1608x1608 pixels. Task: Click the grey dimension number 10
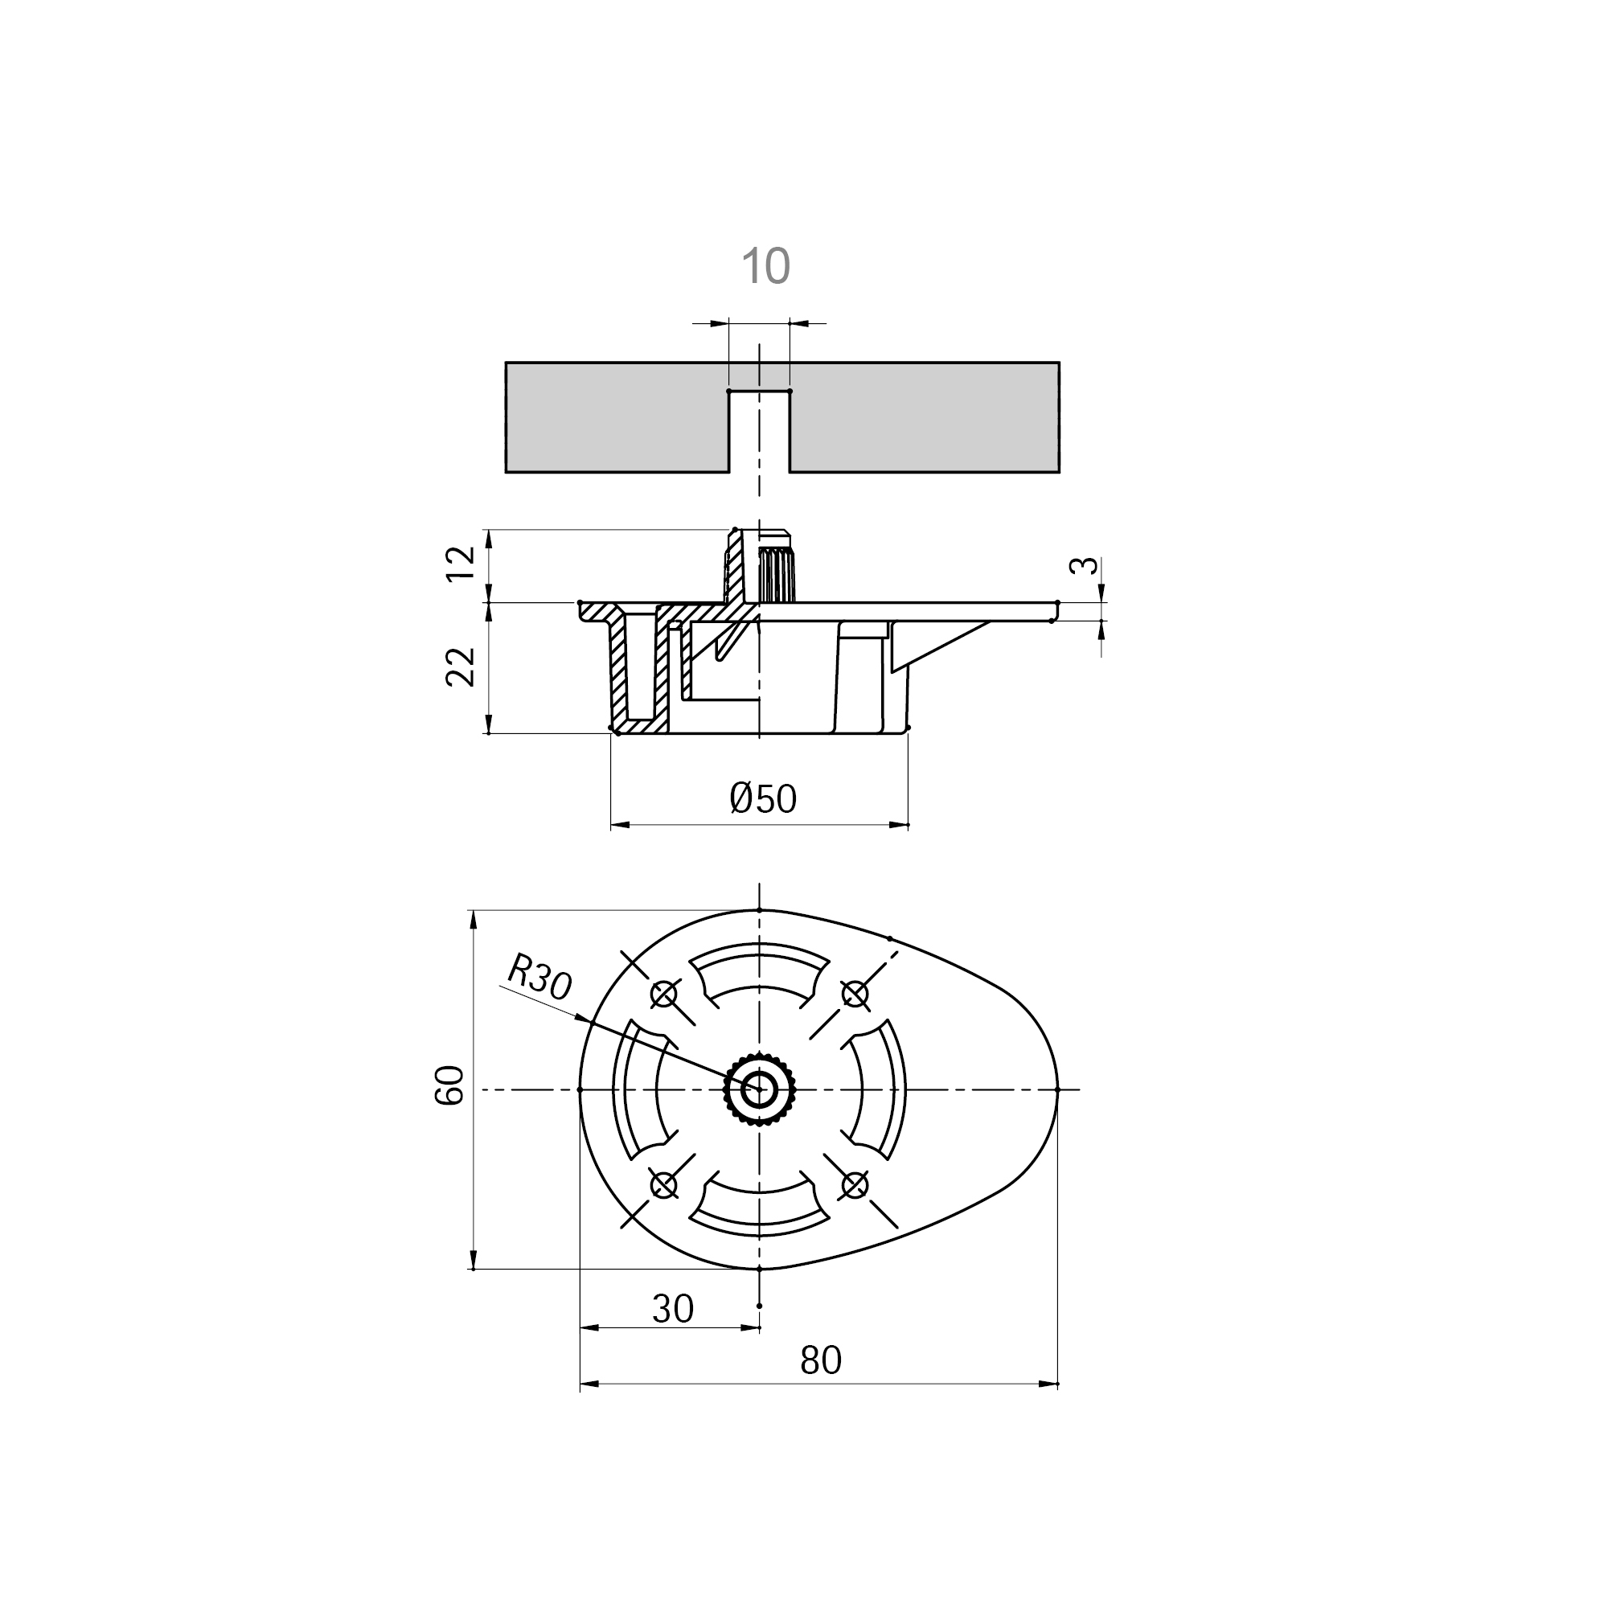(x=765, y=266)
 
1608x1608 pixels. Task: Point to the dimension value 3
(x=1083, y=566)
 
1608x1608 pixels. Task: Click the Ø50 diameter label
(x=763, y=799)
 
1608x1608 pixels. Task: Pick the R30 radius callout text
(x=539, y=976)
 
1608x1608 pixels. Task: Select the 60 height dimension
(x=449, y=1085)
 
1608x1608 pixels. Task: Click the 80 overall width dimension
(x=821, y=1361)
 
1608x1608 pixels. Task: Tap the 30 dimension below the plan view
(x=672, y=1309)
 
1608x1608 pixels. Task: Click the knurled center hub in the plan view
(x=759, y=1089)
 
